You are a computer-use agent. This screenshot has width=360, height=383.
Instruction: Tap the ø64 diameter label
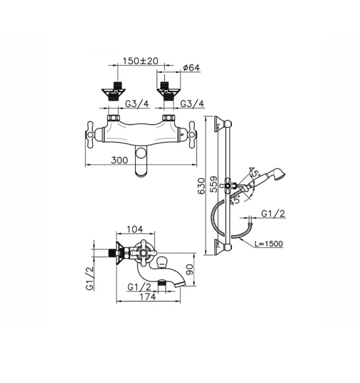tap(191, 68)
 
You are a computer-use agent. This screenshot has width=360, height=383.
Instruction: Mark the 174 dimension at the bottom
tap(149, 297)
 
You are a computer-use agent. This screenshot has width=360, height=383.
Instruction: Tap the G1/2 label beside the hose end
tap(273, 214)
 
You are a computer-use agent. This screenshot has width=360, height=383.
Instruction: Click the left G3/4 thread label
tap(138, 104)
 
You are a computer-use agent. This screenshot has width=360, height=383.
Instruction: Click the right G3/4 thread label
tap(192, 104)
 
